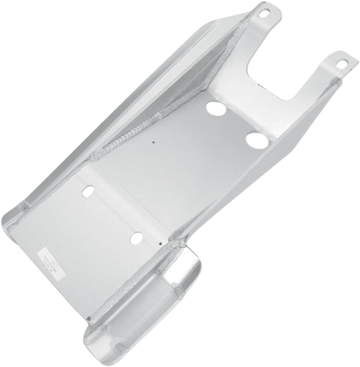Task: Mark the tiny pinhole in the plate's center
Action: point(154,144)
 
